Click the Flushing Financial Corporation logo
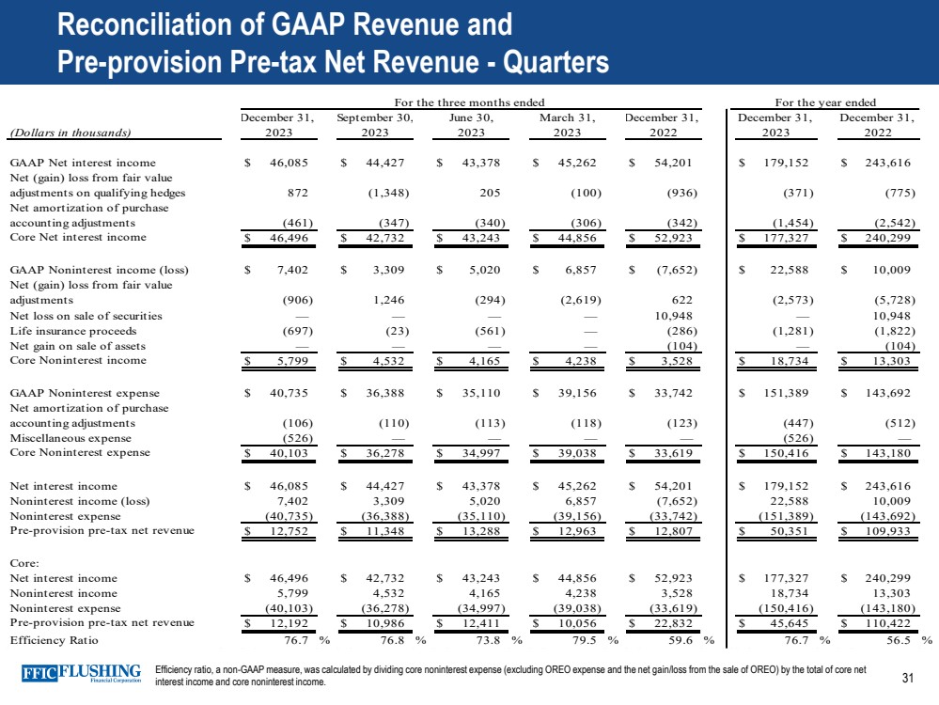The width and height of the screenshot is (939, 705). [x=81, y=677]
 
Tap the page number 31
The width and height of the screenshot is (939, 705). [x=908, y=679]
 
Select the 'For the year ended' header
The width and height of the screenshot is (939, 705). [x=825, y=102]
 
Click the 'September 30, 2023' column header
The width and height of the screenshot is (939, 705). [x=375, y=125]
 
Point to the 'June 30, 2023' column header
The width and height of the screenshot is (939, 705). [x=472, y=125]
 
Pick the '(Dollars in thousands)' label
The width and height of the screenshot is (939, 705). [x=69, y=133]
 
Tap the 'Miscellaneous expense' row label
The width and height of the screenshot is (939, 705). [x=65, y=438]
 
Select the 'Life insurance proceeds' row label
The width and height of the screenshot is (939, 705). [x=71, y=331]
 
